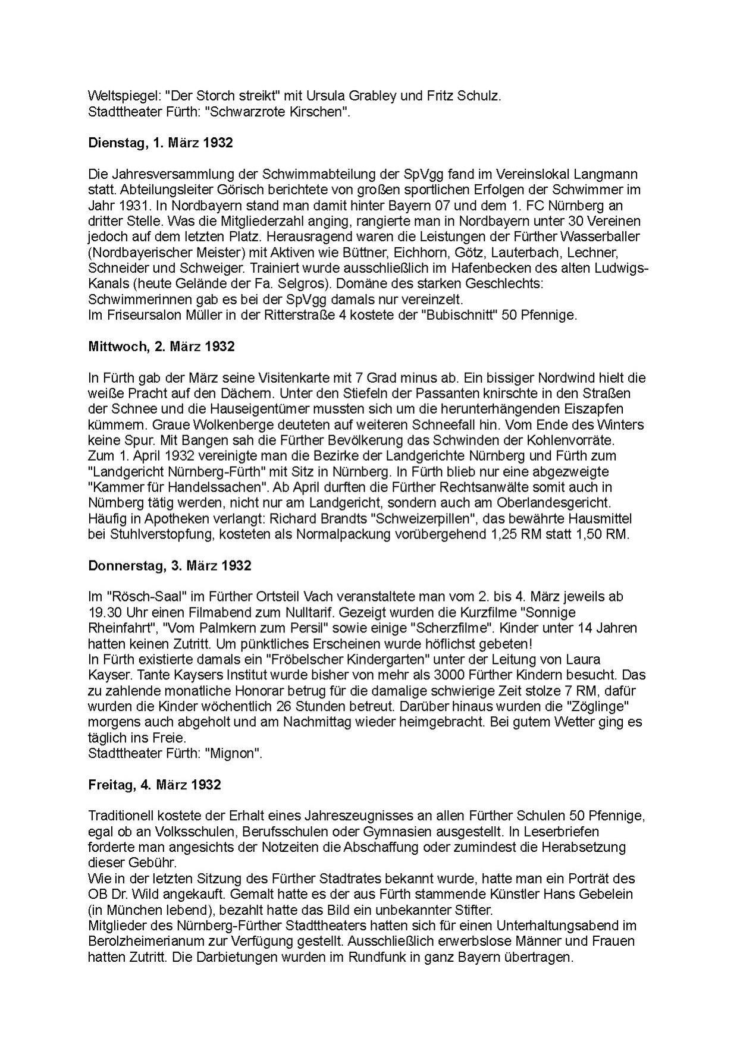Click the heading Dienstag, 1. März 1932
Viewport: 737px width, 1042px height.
[x=160, y=143]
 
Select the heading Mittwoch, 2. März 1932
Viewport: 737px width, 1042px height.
[x=161, y=347]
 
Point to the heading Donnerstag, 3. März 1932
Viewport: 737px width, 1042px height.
[x=170, y=565]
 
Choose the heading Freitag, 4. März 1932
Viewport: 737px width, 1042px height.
[x=154, y=785]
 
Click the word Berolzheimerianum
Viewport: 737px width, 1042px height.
[x=156, y=942]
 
